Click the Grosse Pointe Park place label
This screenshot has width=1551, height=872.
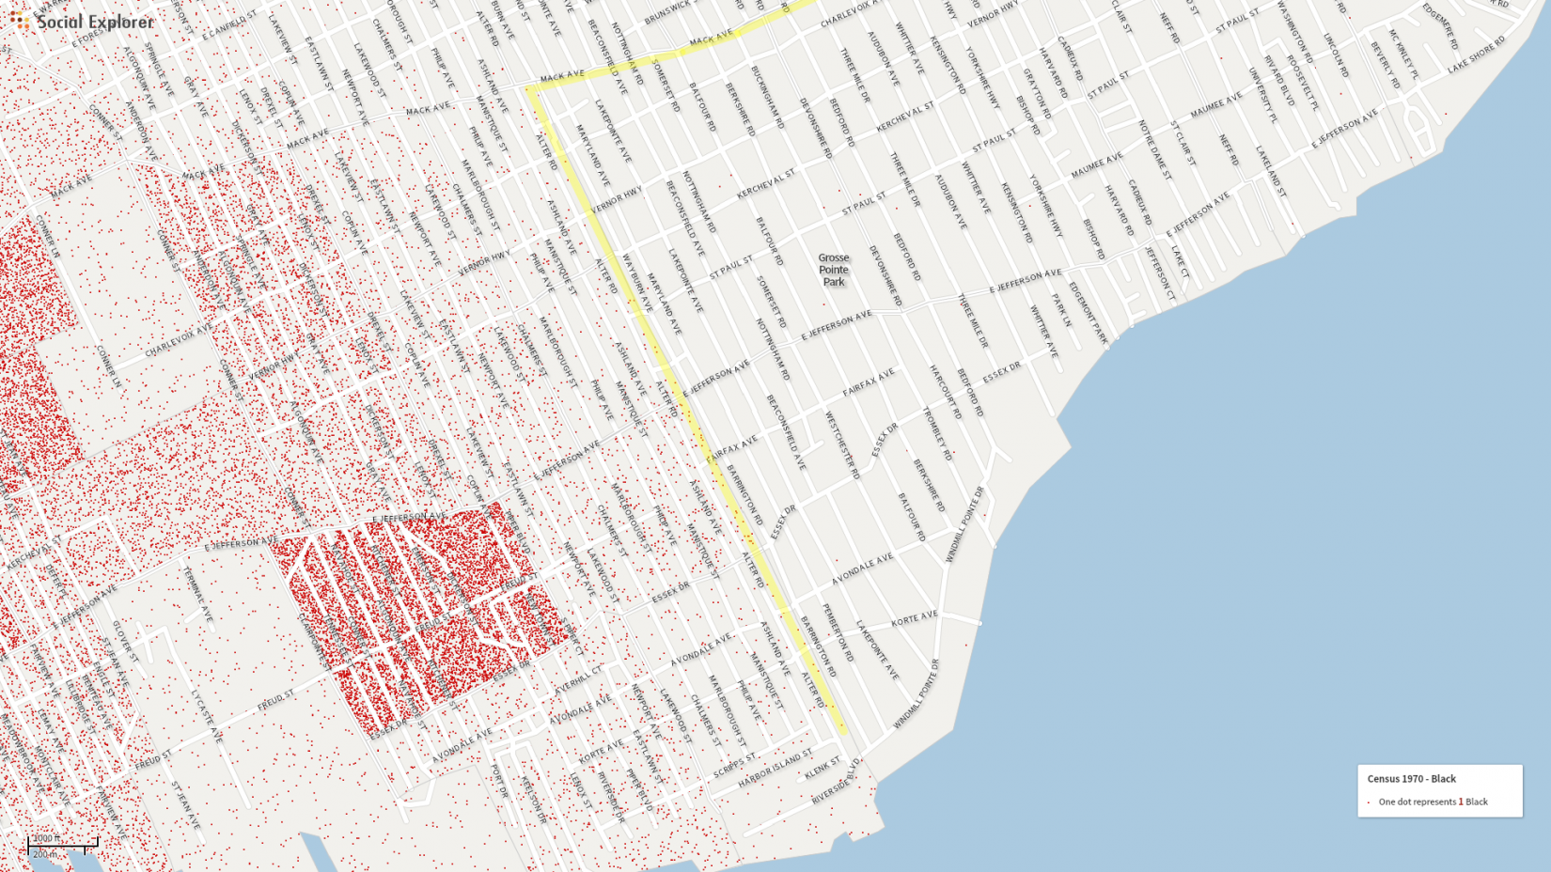[x=833, y=270]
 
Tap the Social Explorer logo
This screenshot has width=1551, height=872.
[x=82, y=21]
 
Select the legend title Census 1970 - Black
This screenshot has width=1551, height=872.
[x=1411, y=779]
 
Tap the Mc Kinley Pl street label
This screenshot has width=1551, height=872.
[x=1402, y=54]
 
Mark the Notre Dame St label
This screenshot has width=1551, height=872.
[x=1153, y=148]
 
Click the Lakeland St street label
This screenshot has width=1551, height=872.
[x=1269, y=171]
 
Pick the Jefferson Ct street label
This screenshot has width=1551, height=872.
[x=1160, y=273]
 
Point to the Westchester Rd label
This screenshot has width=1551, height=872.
[x=842, y=445]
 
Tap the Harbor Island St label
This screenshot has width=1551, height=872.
[x=775, y=768]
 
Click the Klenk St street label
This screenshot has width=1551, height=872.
[x=822, y=769]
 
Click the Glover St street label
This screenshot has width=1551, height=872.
[x=126, y=642]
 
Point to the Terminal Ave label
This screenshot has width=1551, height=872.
[x=198, y=594]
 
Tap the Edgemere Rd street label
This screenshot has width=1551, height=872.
[x=1440, y=26]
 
